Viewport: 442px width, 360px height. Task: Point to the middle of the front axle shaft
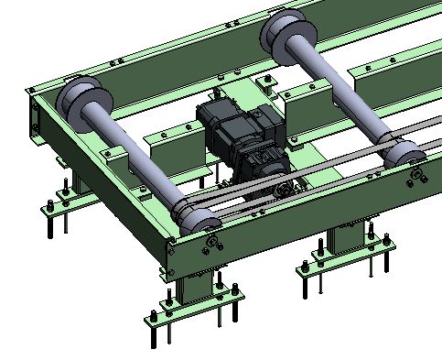tap(137, 156)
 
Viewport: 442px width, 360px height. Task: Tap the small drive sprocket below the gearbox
tap(283, 189)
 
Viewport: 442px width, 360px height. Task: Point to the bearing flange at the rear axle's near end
tap(416, 174)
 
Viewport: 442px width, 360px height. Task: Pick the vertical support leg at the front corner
tap(196, 285)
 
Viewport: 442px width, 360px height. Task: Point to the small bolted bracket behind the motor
tap(266, 84)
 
